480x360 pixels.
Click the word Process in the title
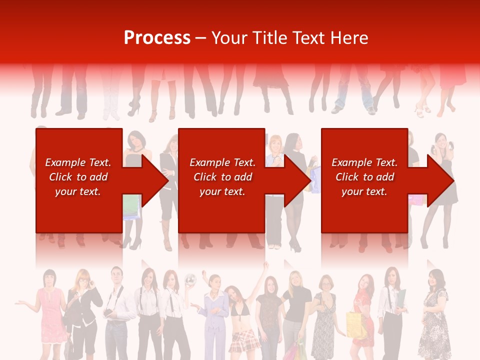point(157,38)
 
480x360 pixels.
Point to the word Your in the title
point(230,38)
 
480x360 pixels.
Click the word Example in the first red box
point(65,162)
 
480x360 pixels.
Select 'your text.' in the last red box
point(364,191)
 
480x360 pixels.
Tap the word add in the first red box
point(98,177)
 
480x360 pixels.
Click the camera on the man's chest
point(108,312)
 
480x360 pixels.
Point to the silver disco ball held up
point(190,278)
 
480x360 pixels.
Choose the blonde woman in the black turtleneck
point(296,310)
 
